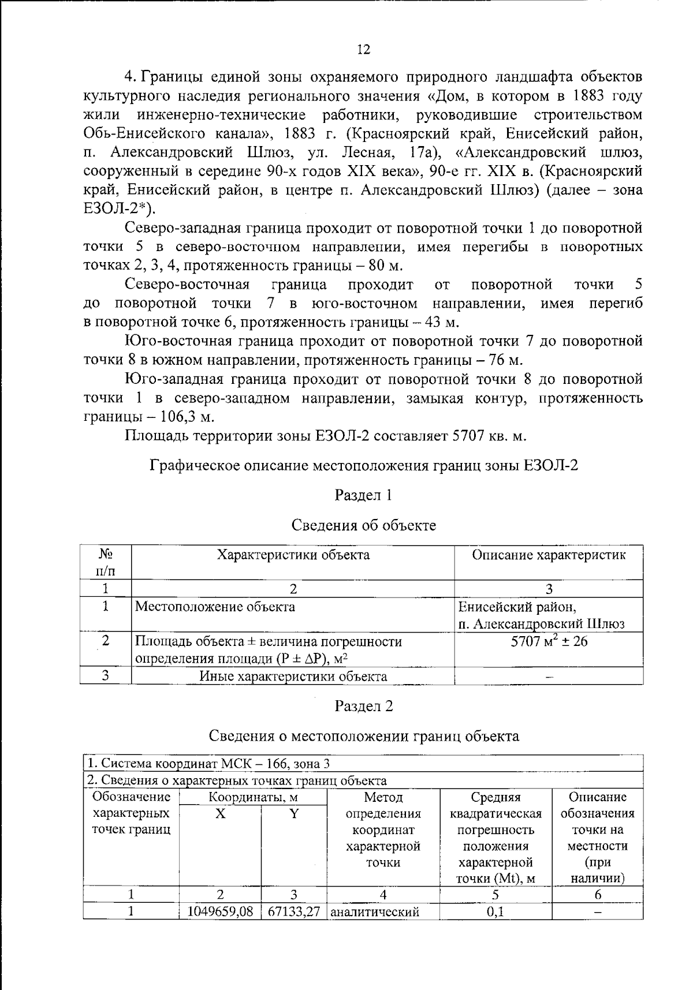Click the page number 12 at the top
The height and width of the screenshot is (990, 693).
pos(363,50)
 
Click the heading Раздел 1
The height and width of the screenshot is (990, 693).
pos(364,495)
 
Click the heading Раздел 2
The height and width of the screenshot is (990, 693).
pos(364,706)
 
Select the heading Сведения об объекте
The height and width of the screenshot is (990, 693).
pos(364,525)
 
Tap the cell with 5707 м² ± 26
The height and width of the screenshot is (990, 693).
pos(549,641)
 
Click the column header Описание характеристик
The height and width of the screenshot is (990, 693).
pos(549,555)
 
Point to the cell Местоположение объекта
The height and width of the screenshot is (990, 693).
pos(215,607)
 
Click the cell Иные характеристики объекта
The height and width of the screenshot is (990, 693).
pos(293,676)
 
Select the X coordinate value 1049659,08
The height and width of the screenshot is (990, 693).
pos(220,911)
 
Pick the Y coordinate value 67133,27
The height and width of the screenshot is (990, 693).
pos(294,911)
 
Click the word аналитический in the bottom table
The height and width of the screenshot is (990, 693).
pos(374,912)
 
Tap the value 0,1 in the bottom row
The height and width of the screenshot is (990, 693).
pos(495,912)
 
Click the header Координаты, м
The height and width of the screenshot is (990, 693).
pos(253,798)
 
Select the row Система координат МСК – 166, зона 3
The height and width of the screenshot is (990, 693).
pos(208,764)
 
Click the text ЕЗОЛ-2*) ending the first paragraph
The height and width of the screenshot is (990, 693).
pos(119,209)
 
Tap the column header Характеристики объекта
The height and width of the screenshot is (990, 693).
pos(293,555)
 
